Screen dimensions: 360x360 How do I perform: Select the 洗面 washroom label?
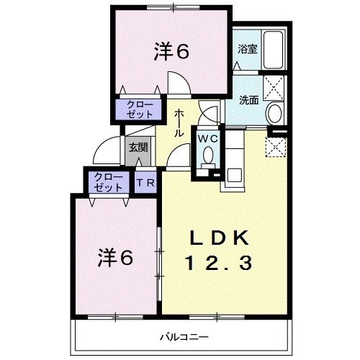click(248, 100)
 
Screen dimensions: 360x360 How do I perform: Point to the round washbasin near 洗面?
click(274, 113)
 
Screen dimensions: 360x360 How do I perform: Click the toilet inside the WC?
click(208, 156)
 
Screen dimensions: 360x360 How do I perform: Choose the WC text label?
click(208, 138)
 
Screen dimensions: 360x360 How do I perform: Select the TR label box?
click(145, 183)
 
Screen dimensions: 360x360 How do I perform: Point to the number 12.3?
click(220, 264)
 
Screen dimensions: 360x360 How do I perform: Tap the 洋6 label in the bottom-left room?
click(115, 257)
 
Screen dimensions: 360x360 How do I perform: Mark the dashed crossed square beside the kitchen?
click(276, 146)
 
